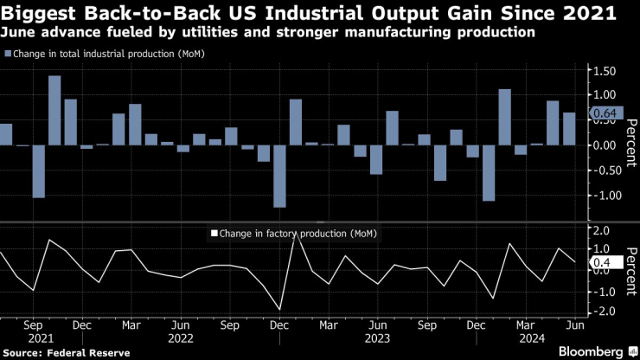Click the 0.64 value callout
pos(606,113)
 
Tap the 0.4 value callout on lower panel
pos(606,262)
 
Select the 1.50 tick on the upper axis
pos(604,71)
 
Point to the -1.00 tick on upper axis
pos(602,196)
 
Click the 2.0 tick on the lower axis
pos(601,231)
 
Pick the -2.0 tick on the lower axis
pos(598,312)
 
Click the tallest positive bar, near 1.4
pos(54,110)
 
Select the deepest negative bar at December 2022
pos(279,177)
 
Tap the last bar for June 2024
pos(569,129)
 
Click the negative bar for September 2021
pos(39,171)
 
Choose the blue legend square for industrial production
pos(8,54)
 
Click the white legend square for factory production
pos(214,234)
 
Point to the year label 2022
pos(181,338)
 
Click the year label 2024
pos(531,338)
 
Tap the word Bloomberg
pos(591,351)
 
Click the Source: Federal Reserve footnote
pos(67,353)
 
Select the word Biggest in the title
pos(38,13)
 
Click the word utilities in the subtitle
pos(210,32)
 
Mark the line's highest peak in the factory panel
pos(296,234)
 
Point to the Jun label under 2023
pos(378,325)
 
